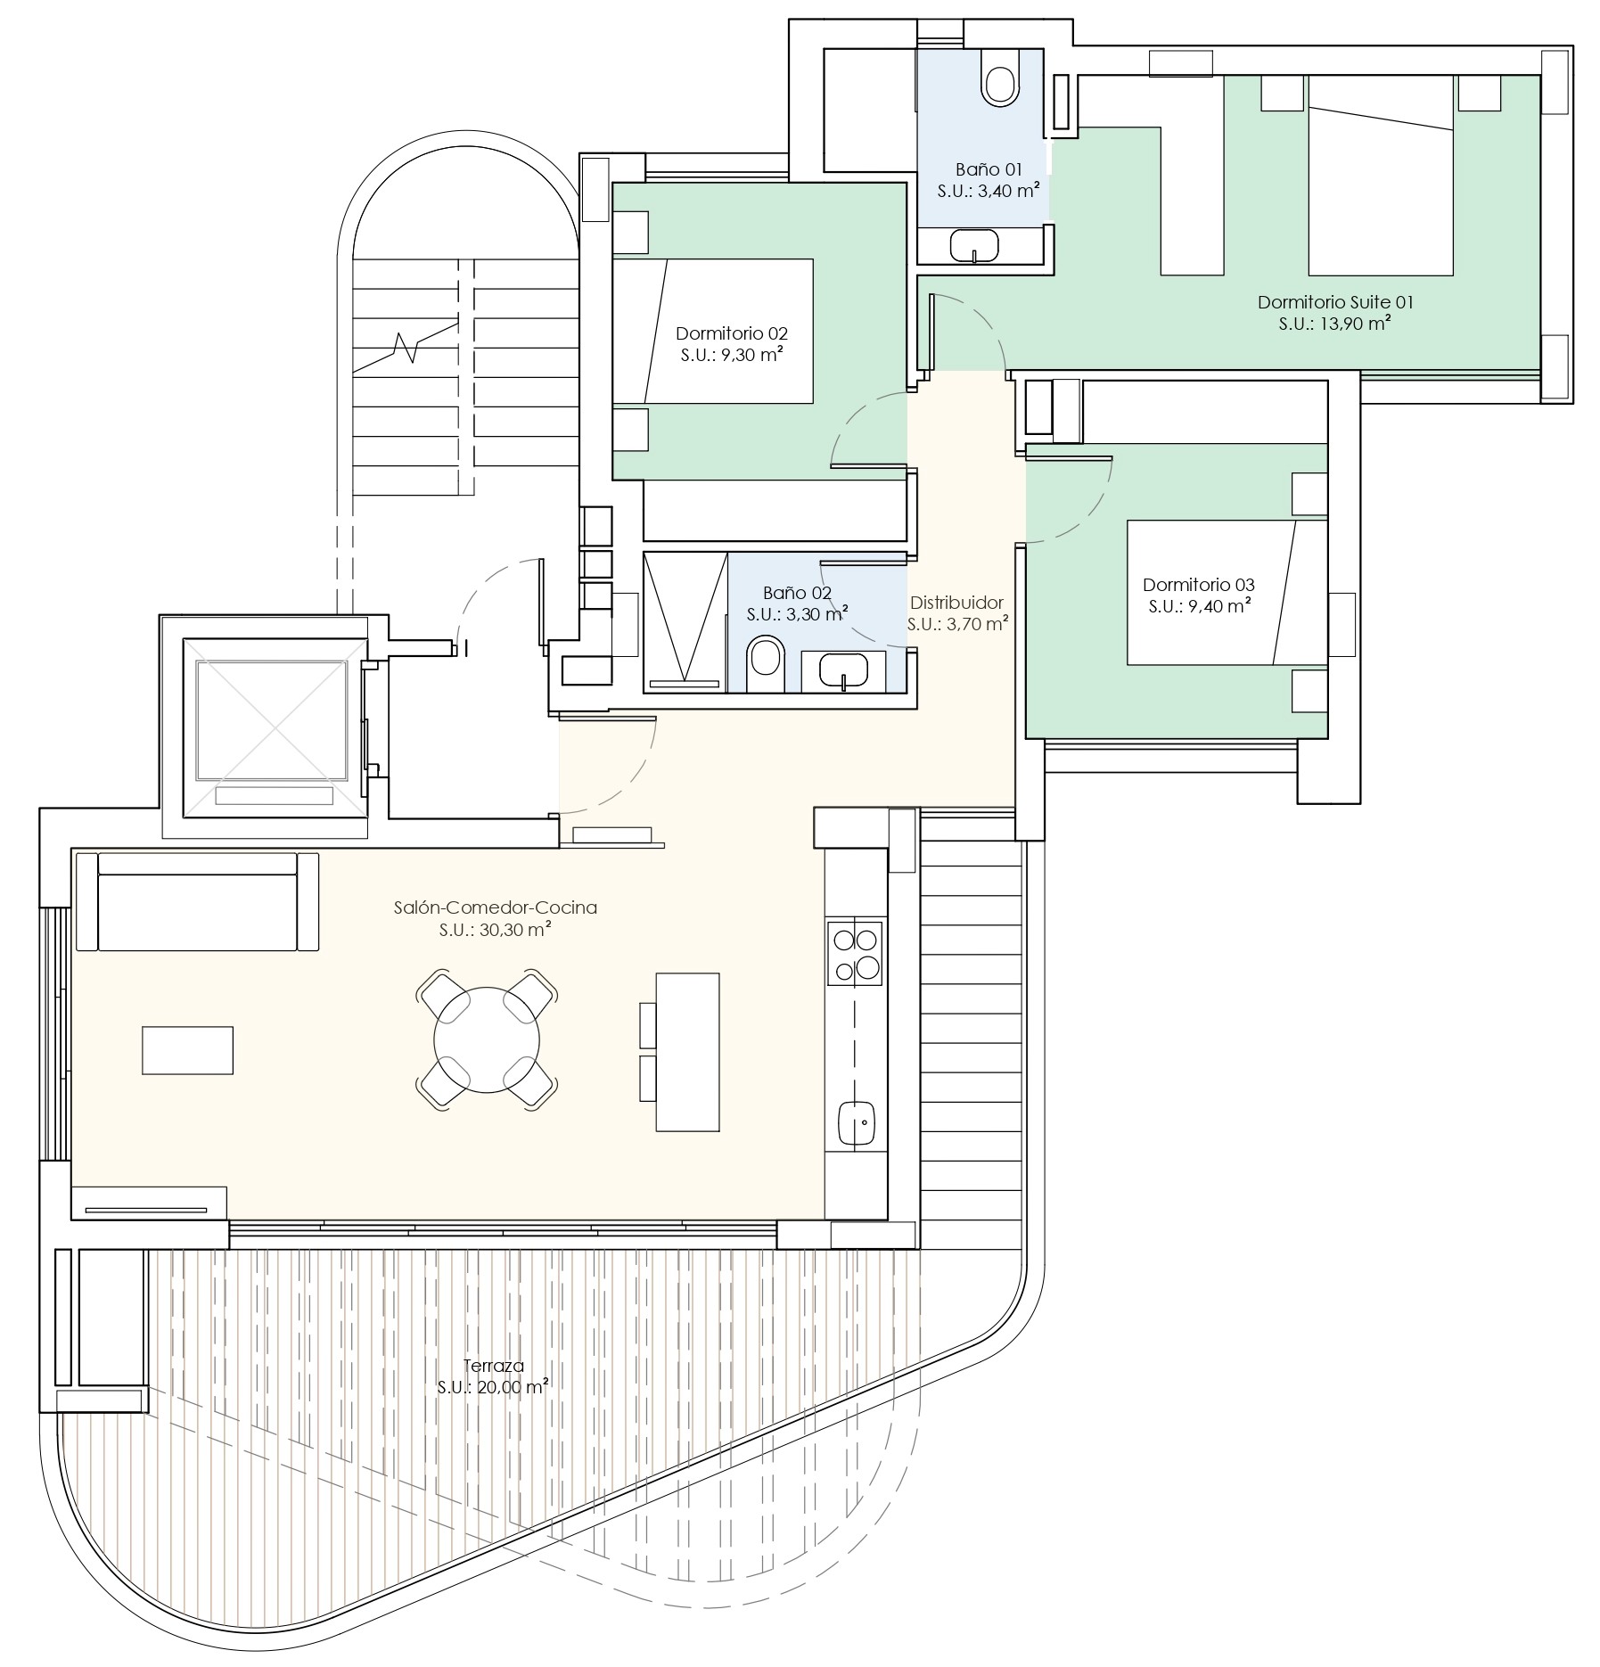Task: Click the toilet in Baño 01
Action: point(999,78)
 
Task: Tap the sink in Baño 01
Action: point(976,245)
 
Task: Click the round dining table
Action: point(487,1039)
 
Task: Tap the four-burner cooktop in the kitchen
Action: point(855,953)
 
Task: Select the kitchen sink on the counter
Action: point(856,1123)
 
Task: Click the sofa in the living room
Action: point(197,901)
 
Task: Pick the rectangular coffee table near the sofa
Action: point(187,1050)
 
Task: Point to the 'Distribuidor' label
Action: point(956,603)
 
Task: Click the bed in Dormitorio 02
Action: point(713,331)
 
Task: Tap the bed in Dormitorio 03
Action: point(1227,593)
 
